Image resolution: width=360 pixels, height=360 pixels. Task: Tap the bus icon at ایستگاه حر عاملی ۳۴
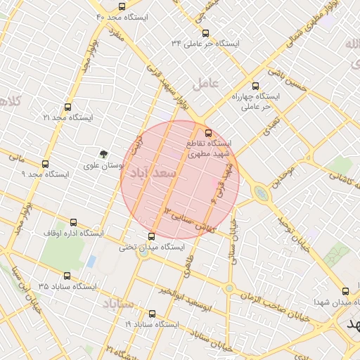pos(205,33)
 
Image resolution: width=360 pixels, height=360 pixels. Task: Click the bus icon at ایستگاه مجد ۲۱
pos(67,108)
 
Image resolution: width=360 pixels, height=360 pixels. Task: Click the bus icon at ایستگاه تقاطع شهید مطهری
pos(207,133)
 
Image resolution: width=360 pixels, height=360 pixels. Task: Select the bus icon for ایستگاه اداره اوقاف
pos(74,222)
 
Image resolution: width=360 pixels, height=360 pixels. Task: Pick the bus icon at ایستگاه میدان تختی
pos(152,236)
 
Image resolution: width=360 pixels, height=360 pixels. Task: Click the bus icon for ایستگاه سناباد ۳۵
pos(67,276)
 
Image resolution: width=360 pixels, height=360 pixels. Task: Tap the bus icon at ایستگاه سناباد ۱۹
pos(152,314)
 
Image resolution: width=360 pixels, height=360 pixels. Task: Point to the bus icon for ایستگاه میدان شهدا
pos(344,291)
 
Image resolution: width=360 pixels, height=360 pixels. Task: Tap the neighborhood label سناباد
pos(118,304)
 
